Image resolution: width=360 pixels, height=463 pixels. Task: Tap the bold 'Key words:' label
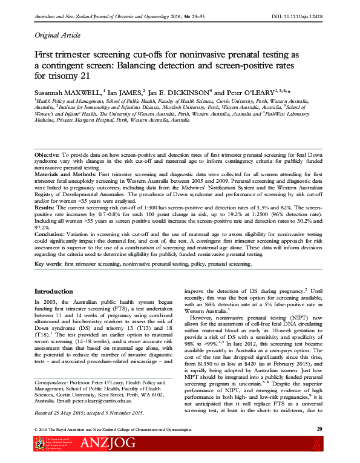[48, 264]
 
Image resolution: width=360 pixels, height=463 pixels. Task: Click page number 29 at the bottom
[319, 429]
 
